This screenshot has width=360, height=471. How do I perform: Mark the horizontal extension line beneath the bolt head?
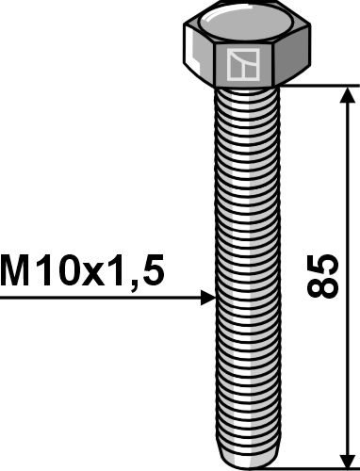[x=311, y=86]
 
